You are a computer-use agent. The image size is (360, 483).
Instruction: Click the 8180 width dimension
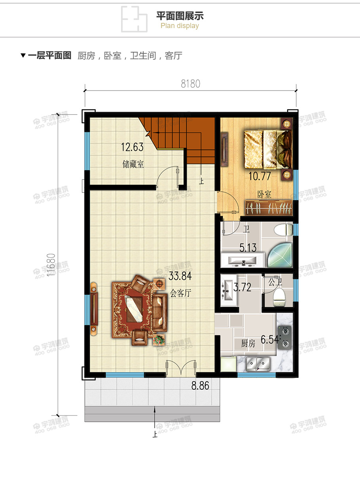[190, 84]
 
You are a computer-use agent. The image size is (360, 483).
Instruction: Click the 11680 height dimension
[51, 265]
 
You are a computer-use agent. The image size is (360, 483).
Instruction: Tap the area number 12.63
[132, 147]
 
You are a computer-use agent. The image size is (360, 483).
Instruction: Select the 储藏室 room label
[133, 164]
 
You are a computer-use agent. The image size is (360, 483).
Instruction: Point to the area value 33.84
[180, 276]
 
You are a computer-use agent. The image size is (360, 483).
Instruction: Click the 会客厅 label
[180, 293]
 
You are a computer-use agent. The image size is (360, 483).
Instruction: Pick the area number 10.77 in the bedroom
[260, 176]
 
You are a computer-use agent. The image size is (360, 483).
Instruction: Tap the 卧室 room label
[264, 194]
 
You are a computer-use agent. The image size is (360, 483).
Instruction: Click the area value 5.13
[248, 247]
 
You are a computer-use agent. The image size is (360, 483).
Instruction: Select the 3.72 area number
[242, 287]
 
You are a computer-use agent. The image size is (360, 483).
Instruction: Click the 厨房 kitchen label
[248, 343]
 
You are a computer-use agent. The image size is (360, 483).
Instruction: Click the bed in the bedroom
[268, 149]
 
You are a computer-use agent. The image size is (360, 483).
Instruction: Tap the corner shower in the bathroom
[280, 255]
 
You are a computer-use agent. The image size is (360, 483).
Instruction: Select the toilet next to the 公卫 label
[279, 297]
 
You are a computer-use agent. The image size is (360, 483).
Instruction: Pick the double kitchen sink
[258, 364]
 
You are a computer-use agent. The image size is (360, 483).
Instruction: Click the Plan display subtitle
[180, 26]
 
